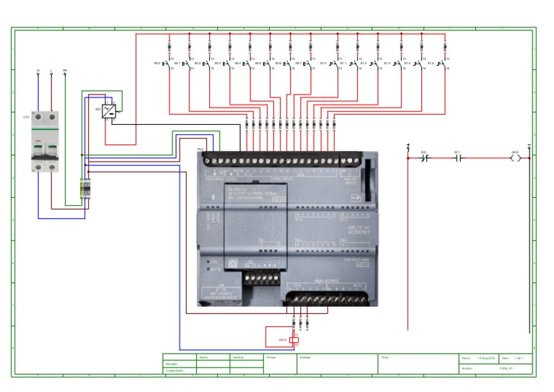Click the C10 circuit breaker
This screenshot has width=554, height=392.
coord(43,141)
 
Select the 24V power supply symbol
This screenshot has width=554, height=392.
coord(109,110)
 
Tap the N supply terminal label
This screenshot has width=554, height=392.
coord(38,71)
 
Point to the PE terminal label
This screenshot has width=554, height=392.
coord(65,71)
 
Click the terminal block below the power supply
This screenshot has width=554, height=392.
coord(85,189)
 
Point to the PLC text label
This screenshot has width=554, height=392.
coord(201,149)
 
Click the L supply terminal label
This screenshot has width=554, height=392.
coord(51,71)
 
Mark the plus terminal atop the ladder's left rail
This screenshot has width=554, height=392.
coord(408,146)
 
